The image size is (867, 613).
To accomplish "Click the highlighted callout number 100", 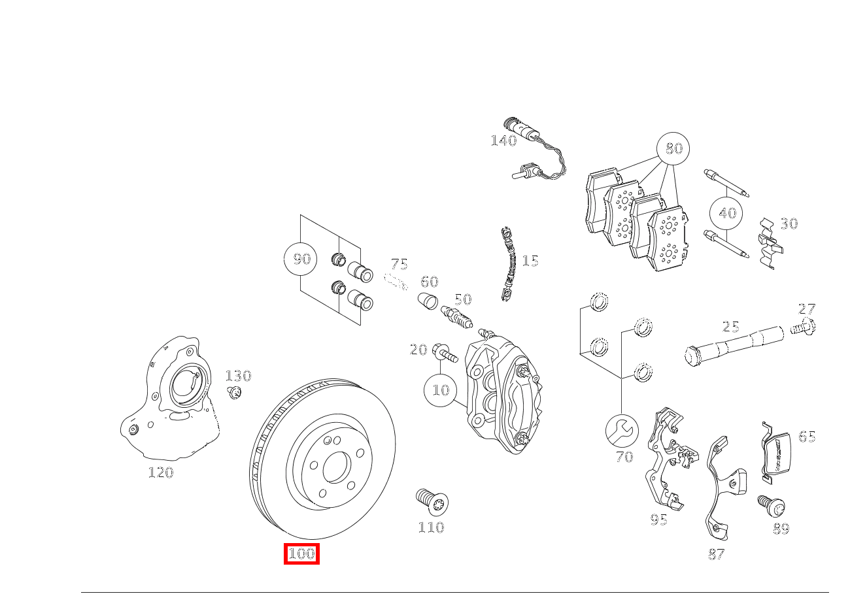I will [301, 554].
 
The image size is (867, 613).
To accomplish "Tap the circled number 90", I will [301, 259].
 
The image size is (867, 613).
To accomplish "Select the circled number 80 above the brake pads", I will [673, 148].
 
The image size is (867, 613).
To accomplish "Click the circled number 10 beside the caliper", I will [441, 390].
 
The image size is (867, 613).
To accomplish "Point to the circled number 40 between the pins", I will [727, 213].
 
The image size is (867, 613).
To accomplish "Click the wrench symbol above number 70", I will [622, 430].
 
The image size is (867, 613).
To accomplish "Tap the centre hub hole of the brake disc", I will [336, 465].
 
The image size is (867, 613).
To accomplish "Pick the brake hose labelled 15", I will [509, 265].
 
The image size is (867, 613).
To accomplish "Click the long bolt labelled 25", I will [732, 344].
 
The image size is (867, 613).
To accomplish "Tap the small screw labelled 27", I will [804, 327].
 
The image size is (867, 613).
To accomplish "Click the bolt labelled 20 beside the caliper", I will [445, 353].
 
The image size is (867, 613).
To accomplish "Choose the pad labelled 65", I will [777, 452].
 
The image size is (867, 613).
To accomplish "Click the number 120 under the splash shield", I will [160, 472].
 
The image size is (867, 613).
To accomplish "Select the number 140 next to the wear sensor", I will [503, 141].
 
